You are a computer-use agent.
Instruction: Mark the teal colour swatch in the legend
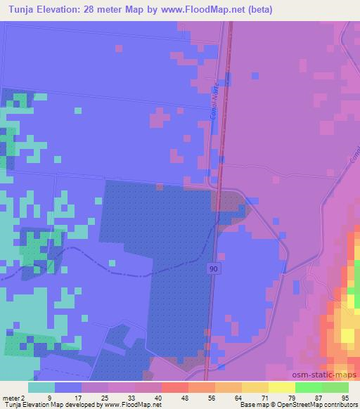(x=41, y=387)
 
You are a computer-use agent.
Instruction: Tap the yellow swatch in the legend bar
(x=281, y=387)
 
